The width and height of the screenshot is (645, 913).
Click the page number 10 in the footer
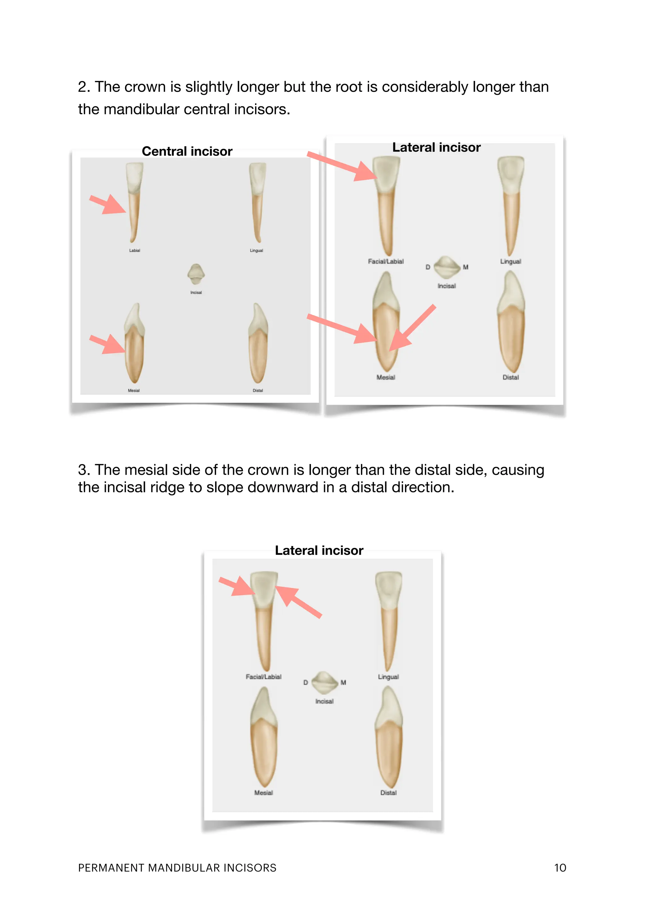(x=560, y=868)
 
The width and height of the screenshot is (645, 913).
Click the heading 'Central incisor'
(x=187, y=152)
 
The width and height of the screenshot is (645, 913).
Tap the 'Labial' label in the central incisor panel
(x=134, y=250)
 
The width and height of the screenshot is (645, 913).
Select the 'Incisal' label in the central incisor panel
(x=196, y=293)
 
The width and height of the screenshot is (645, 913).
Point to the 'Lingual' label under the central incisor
(x=256, y=250)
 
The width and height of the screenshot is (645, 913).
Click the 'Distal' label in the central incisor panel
(x=258, y=390)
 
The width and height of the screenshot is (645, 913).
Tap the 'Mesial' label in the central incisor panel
(x=134, y=390)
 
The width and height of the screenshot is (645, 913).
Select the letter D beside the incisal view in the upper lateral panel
(x=428, y=267)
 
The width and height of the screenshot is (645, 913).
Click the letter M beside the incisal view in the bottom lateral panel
(x=343, y=682)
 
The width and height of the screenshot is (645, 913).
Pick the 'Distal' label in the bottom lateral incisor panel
(x=388, y=793)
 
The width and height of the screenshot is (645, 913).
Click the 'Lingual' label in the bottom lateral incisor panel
(x=388, y=677)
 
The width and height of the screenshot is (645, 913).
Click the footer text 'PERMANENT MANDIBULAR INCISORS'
(x=177, y=868)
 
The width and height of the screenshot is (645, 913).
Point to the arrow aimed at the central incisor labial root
(x=108, y=204)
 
